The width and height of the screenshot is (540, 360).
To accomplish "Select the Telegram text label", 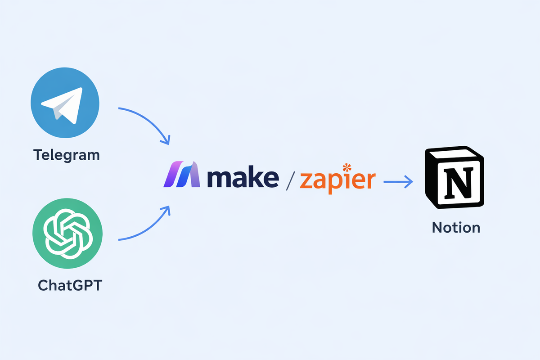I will (x=67, y=156).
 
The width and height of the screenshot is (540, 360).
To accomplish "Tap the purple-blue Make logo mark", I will (x=180, y=174).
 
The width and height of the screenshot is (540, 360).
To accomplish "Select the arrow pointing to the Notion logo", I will (x=398, y=182).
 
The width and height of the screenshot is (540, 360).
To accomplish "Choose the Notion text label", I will (x=456, y=227).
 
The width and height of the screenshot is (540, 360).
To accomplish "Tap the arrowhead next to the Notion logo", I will (x=409, y=182).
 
